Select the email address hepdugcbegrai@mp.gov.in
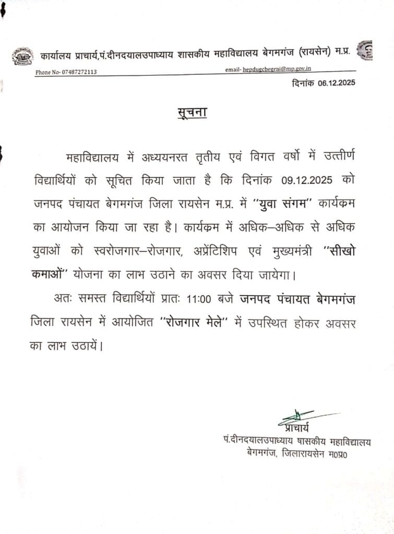284,69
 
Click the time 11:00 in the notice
195,300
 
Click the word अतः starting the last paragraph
64,300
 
